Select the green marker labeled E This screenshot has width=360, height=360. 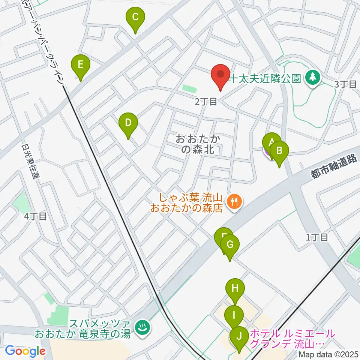click(x=80, y=64)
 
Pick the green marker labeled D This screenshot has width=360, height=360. click(x=128, y=123)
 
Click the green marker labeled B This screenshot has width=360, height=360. click(x=279, y=151)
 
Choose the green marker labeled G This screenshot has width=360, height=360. click(x=230, y=245)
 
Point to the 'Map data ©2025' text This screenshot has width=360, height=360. click(x=329, y=354)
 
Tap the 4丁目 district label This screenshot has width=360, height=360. click(x=35, y=216)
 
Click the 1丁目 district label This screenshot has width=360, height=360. click(x=317, y=237)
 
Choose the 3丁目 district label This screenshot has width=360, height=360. click(x=345, y=84)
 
